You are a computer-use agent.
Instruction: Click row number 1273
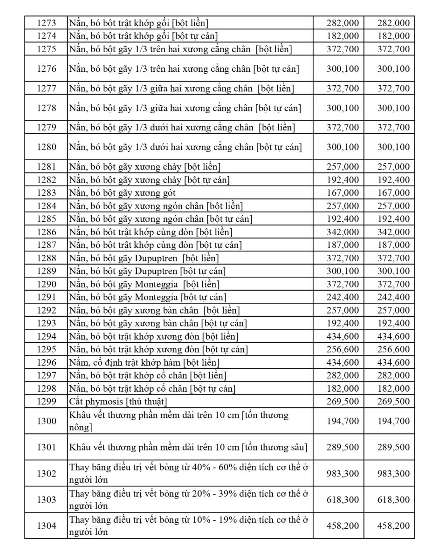click(x=47, y=23)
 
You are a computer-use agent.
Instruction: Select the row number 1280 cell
click(x=47, y=147)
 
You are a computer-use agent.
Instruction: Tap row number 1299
click(x=47, y=402)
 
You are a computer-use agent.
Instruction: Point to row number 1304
click(x=47, y=526)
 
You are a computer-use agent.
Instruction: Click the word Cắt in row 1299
click(x=76, y=402)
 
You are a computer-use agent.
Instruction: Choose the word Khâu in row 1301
click(x=80, y=447)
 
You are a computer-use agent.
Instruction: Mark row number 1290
click(x=47, y=284)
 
